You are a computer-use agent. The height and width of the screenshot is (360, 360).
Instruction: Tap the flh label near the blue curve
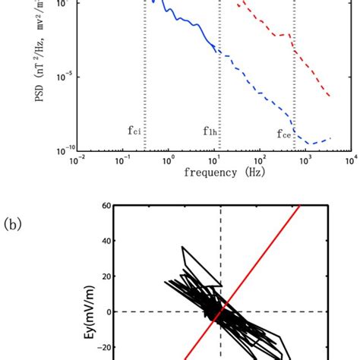(x=210, y=131)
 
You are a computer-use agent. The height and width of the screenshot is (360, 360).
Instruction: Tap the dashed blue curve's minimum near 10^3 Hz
(x=310, y=143)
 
